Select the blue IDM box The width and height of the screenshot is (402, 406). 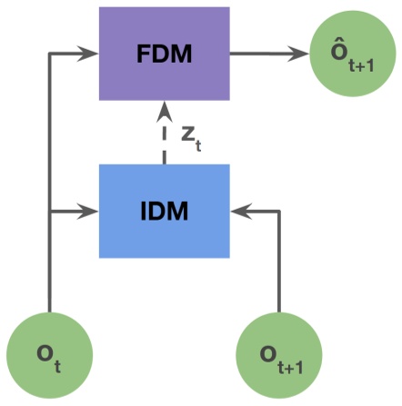tap(164, 211)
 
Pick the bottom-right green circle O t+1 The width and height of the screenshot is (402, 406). tap(277, 355)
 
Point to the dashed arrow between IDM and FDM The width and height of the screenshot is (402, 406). tap(164, 136)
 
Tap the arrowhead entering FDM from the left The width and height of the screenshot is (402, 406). tap(91, 54)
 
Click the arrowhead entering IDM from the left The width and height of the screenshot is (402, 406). tap(91, 212)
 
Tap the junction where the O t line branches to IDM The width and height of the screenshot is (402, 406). tap(49, 212)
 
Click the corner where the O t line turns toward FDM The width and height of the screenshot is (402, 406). tap(49, 54)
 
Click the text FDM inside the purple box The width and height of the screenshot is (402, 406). tap(164, 54)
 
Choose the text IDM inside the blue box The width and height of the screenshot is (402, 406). tap(164, 211)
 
